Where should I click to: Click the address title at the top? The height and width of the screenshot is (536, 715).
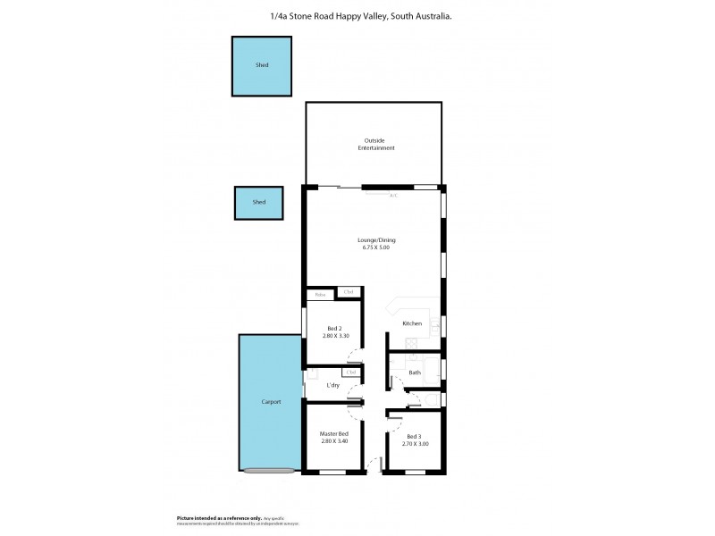click(x=357, y=16)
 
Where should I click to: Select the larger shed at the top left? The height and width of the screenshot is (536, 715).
click(x=262, y=65)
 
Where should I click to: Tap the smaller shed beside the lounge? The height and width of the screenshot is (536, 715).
click(x=258, y=203)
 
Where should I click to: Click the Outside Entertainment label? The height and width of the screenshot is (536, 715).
click(x=376, y=144)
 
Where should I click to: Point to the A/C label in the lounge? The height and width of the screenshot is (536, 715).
click(x=393, y=195)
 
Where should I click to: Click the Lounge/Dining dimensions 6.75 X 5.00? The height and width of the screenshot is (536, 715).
click(x=376, y=247)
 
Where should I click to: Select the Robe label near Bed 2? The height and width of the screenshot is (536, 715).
click(x=319, y=293)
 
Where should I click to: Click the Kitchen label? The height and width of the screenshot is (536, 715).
click(x=412, y=323)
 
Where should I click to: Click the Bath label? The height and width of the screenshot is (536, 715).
click(x=415, y=373)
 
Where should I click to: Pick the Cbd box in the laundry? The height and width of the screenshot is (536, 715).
click(x=349, y=373)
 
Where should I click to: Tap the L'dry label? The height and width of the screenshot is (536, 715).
click(x=332, y=385)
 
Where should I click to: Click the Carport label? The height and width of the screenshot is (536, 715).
click(x=271, y=402)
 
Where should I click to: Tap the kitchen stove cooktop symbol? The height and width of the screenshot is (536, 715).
click(x=410, y=344)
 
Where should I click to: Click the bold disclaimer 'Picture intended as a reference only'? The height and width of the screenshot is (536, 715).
click(x=218, y=517)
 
